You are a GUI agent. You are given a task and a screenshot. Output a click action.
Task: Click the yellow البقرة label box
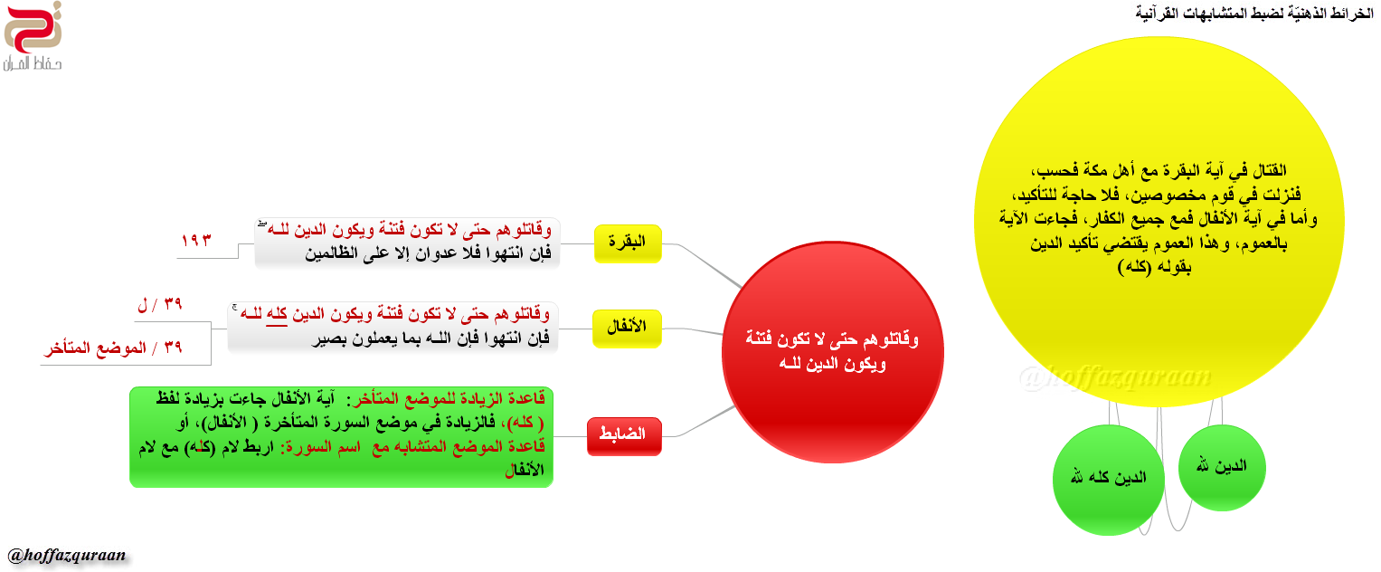[x=628, y=243]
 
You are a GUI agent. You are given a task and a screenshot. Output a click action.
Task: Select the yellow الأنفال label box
[x=627, y=329]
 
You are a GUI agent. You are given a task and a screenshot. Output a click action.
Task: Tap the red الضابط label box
[x=624, y=436]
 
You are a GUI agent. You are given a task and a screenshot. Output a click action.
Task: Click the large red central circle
[x=832, y=352]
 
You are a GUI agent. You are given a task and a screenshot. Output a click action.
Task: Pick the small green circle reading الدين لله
[x=1221, y=467]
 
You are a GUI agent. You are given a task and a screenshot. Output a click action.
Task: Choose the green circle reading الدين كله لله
[x=1109, y=480]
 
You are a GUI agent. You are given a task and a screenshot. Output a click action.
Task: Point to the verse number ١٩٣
[x=196, y=240]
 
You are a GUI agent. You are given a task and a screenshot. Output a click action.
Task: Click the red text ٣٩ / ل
[x=160, y=303]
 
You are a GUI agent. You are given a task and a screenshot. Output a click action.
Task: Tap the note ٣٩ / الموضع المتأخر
[x=113, y=348]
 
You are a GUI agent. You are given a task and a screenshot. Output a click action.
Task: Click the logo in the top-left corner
[x=33, y=36]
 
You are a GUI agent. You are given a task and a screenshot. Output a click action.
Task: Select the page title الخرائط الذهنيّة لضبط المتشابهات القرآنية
[x=1254, y=13]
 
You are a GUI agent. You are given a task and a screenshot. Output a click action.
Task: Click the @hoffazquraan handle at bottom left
[x=67, y=556]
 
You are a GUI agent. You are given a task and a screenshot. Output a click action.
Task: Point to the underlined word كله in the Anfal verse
[x=277, y=315]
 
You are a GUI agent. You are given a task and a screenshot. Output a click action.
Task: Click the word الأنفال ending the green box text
[x=525, y=471]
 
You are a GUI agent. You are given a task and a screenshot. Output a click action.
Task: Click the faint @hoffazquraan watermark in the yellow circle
[x=1115, y=377]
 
